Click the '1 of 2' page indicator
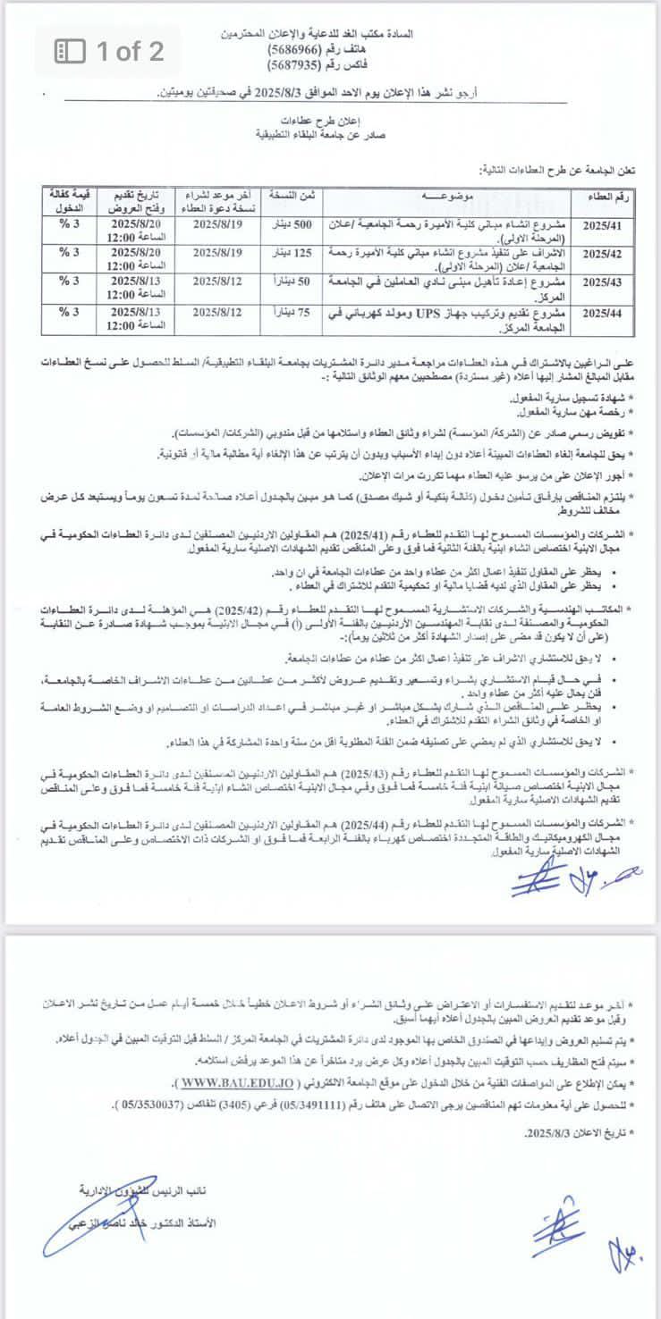pos(110,51)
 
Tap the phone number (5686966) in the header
pos(299,51)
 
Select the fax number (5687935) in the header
pos(299,64)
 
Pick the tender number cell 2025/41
pos(608,225)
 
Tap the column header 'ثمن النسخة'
pos(295,195)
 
